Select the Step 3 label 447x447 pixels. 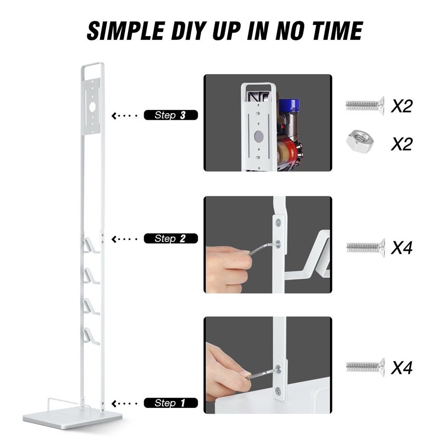170,115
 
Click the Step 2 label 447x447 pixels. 170,239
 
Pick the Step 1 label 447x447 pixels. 170,403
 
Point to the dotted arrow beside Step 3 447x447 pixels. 124,116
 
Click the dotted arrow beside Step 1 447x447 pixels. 124,404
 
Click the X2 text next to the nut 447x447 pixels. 401,144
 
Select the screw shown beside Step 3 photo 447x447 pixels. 365,106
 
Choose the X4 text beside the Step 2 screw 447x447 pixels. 401,247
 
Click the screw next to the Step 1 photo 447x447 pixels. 365,367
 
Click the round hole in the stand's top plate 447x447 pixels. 92,107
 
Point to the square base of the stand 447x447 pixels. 73,416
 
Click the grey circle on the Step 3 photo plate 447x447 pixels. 259,136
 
